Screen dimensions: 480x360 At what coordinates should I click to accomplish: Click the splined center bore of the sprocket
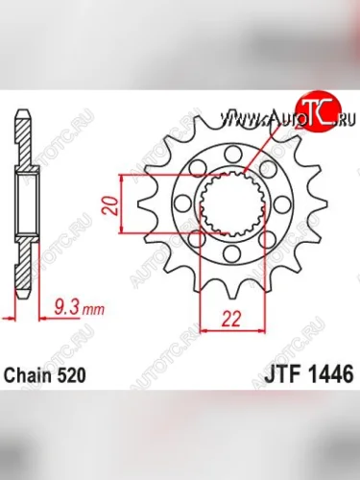230,204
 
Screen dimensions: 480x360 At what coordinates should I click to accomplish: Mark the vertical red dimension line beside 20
122,204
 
